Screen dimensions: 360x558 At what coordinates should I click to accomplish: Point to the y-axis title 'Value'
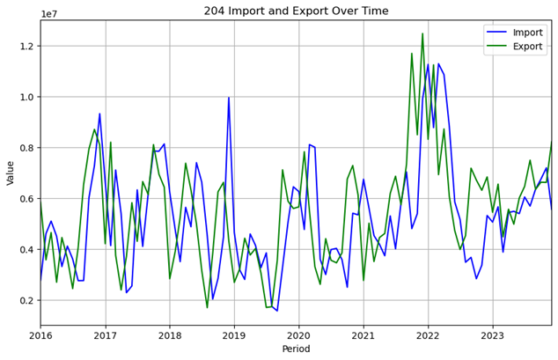(11, 173)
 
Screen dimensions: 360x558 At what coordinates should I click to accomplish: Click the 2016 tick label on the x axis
(40, 335)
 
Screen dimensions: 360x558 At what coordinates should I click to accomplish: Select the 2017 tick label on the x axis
(106, 335)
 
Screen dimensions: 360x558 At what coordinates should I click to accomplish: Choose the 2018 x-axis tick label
(170, 335)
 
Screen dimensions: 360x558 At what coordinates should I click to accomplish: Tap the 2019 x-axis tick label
(234, 335)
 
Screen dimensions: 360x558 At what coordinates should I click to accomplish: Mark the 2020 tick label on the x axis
(299, 335)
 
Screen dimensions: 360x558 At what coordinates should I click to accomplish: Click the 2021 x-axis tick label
(363, 335)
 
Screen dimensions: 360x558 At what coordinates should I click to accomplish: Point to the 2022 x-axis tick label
(428, 335)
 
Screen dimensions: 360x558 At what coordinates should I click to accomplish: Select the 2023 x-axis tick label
(492, 335)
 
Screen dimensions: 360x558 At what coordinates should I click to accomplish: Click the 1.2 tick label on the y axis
(25, 46)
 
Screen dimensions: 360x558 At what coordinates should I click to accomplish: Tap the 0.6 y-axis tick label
(25, 199)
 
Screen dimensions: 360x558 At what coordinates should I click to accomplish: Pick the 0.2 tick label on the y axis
(25, 301)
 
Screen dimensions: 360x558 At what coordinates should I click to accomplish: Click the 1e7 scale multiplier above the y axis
(50, 14)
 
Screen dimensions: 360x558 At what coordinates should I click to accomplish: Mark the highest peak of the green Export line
(422, 34)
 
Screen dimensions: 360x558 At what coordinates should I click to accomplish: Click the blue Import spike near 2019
(229, 98)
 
